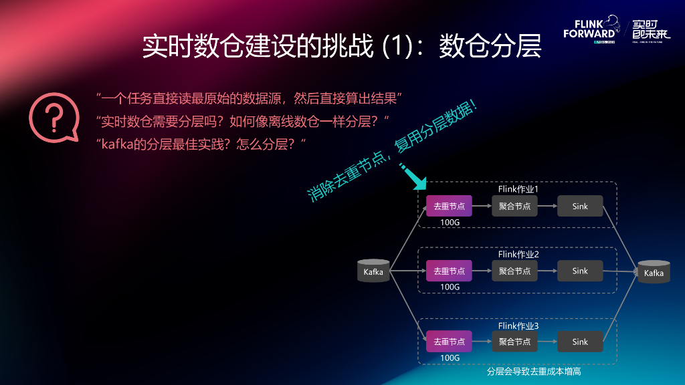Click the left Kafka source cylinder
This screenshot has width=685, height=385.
tap(373, 271)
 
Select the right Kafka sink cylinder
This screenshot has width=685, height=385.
tap(654, 272)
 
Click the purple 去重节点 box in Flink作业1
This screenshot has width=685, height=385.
tap(449, 206)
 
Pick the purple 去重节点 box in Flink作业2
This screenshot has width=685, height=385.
tap(449, 271)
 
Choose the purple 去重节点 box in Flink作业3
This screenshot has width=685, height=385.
tap(449, 342)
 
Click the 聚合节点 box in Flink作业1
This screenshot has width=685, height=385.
tap(514, 206)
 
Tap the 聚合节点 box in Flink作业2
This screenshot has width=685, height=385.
tap(514, 271)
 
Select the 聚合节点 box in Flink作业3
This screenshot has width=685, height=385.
tap(514, 342)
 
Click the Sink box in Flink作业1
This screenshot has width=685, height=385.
tap(580, 206)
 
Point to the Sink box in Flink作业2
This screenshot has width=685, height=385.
tap(580, 271)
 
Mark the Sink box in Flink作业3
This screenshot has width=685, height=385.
tap(580, 342)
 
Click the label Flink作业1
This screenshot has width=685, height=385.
tap(518, 189)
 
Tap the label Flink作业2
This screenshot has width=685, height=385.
tap(518, 254)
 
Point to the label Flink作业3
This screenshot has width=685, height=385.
tap(518, 326)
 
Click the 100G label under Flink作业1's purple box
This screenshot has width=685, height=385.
tap(450, 222)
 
